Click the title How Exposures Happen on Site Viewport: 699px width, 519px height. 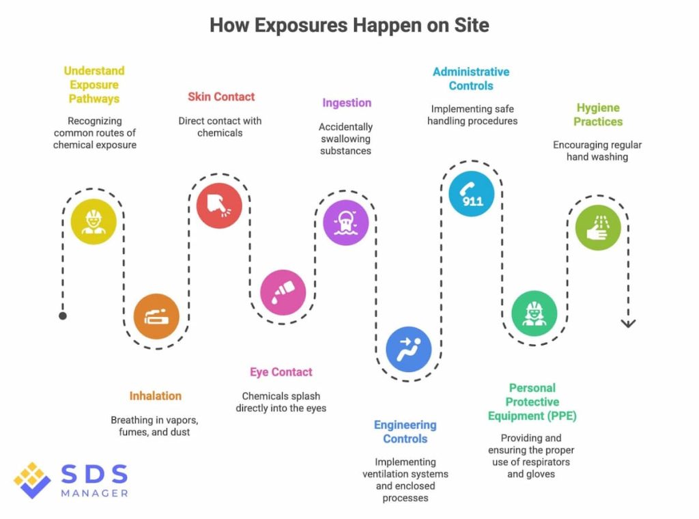[x=349, y=26]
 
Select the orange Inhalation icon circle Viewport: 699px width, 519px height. [x=156, y=316]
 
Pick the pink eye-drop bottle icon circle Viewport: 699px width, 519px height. [x=283, y=292]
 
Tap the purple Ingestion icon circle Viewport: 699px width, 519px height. [x=345, y=222]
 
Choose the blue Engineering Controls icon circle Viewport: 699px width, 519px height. [x=408, y=348]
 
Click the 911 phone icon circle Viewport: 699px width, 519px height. [x=471, y=193]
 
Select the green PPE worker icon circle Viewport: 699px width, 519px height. [x=534, y=313]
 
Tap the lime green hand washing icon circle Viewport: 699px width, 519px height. [x=597, y=227]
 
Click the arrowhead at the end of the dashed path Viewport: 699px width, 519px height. [x=628, y=323]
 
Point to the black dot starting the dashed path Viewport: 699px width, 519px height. [x=63, y=315]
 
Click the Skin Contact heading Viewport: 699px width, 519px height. [x=221, y=97]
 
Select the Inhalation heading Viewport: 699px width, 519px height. [x=156, y=395]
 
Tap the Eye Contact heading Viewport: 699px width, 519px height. [x=281, y=372]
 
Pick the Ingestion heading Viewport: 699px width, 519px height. [x=347, y=103]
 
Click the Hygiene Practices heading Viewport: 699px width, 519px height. [x=598, y=115]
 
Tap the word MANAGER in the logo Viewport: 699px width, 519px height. [x=94, y=493]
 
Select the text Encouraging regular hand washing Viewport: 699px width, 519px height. [x=597, y=151]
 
